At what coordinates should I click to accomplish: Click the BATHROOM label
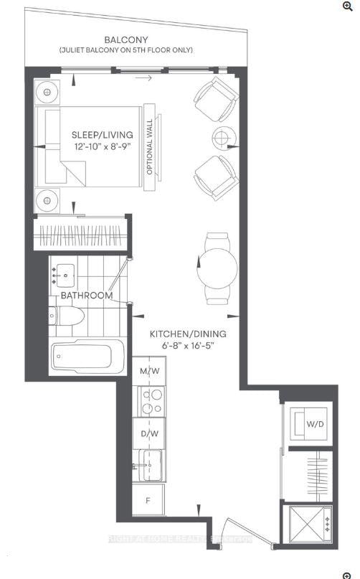[x=86, y=296]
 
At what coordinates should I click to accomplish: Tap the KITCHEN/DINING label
[x=188, y=334]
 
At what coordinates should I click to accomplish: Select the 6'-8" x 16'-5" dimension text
[x=188, y=346]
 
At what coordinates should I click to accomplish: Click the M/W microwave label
[x=149, y=371]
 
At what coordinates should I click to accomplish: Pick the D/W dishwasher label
[x=149, y=434]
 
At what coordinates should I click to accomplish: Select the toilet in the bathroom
[x=67, y=316]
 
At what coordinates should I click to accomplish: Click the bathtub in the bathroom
[x=86, y=356]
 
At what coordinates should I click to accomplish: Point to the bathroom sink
[x=67, y=273]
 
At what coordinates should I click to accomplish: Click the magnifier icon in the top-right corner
[x=348, y=6]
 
